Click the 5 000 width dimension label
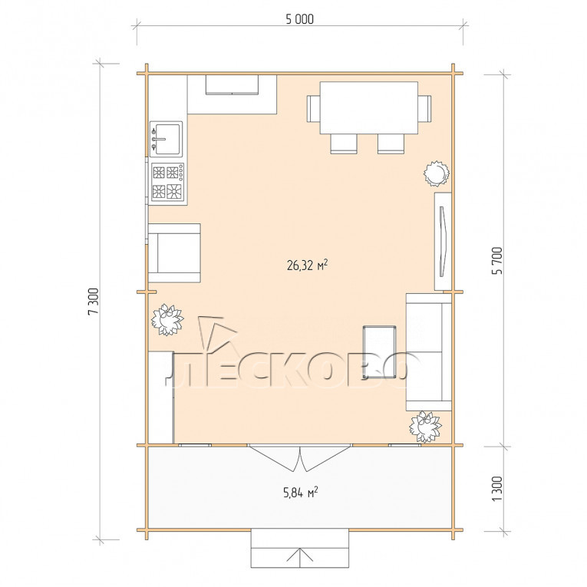(299, 19)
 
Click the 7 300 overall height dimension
(93, 302)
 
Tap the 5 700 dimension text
(497, 261)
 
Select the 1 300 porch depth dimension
(496, 489)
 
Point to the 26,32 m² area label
(308, 265)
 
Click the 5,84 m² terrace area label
(301, 493)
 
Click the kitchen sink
(167, 139)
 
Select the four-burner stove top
(168, 183)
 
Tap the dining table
(369, 108)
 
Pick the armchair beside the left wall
(174, 253)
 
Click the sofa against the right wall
(429, 352)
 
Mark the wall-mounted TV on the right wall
(443, 242)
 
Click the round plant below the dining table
(436, 173)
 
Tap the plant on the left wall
(167, 319)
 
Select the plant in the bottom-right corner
(425, 427)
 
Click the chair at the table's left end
(313, 108)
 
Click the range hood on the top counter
(232, 85)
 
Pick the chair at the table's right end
(424, 108)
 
